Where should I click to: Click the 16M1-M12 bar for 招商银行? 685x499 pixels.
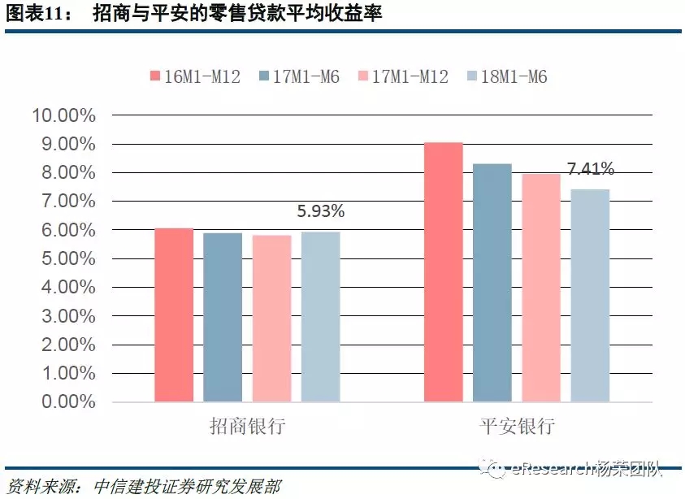click(174, 315)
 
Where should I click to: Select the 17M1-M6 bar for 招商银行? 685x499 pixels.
click(223, 318)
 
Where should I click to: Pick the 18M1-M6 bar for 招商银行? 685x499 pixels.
click(320, 317)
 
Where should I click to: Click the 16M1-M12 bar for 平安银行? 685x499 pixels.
click(444, 272)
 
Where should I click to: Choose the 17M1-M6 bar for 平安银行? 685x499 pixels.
click(492, 283)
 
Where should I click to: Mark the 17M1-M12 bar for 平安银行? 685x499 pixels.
click(541, 288)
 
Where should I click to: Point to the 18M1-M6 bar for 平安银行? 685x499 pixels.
click(590, 296)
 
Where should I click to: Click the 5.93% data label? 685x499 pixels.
click(321, 212)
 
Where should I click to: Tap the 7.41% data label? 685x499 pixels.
click(591, 170)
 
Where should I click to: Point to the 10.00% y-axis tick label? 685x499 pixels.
click(63, 115)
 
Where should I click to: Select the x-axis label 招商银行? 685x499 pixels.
click(247, 426)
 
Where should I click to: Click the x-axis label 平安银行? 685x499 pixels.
click(517, 426)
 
